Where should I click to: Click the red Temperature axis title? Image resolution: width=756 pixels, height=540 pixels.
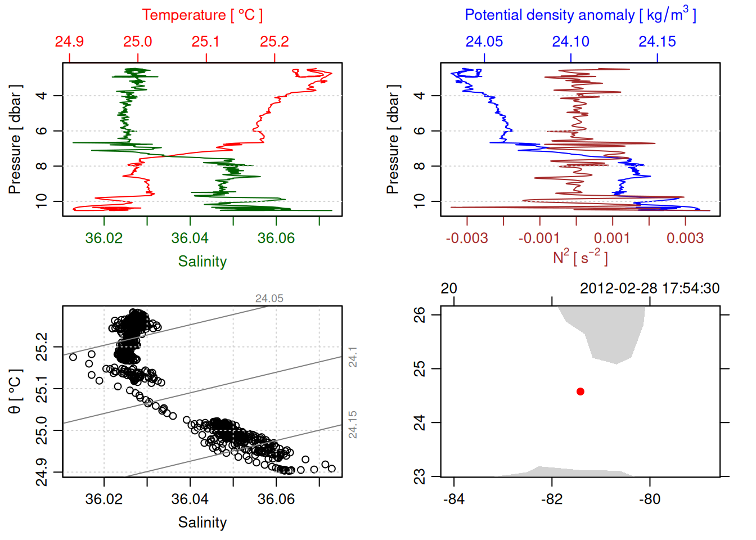(202, 15)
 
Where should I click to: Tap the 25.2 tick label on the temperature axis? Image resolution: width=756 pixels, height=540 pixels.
(274, 42)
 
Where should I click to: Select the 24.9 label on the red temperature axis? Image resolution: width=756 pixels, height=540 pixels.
(69, 42)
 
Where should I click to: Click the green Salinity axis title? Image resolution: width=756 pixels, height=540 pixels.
(202, 262)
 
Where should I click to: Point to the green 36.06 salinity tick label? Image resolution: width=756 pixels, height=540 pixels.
(276, 238)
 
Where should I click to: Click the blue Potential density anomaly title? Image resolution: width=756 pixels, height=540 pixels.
(580, 15)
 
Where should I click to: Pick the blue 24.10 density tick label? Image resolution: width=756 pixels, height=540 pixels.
(570, 42)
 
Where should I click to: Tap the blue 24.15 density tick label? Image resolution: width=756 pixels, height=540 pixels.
(657, 42)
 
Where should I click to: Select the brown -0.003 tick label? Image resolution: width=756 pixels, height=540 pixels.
(467, 238)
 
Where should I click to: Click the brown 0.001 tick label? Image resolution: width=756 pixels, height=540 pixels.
(612, 238)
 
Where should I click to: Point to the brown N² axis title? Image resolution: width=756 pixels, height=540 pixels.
(580, 257)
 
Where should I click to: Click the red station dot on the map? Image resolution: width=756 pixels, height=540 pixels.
(580, 391)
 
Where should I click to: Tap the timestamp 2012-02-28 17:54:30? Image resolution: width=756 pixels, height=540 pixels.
(650, 289)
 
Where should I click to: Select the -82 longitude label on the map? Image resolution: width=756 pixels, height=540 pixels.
(552, 499)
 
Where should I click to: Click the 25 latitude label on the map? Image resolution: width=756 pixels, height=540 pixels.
(420, 369)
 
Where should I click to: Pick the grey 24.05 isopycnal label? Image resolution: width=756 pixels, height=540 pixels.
(269, 299)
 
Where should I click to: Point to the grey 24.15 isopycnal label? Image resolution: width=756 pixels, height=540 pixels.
(353, 425)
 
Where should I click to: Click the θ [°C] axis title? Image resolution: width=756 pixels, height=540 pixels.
(15, 391)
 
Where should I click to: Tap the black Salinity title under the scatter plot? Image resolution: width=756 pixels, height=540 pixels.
(202, 523)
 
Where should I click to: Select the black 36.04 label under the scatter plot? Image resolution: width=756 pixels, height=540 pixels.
(190, 499)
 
